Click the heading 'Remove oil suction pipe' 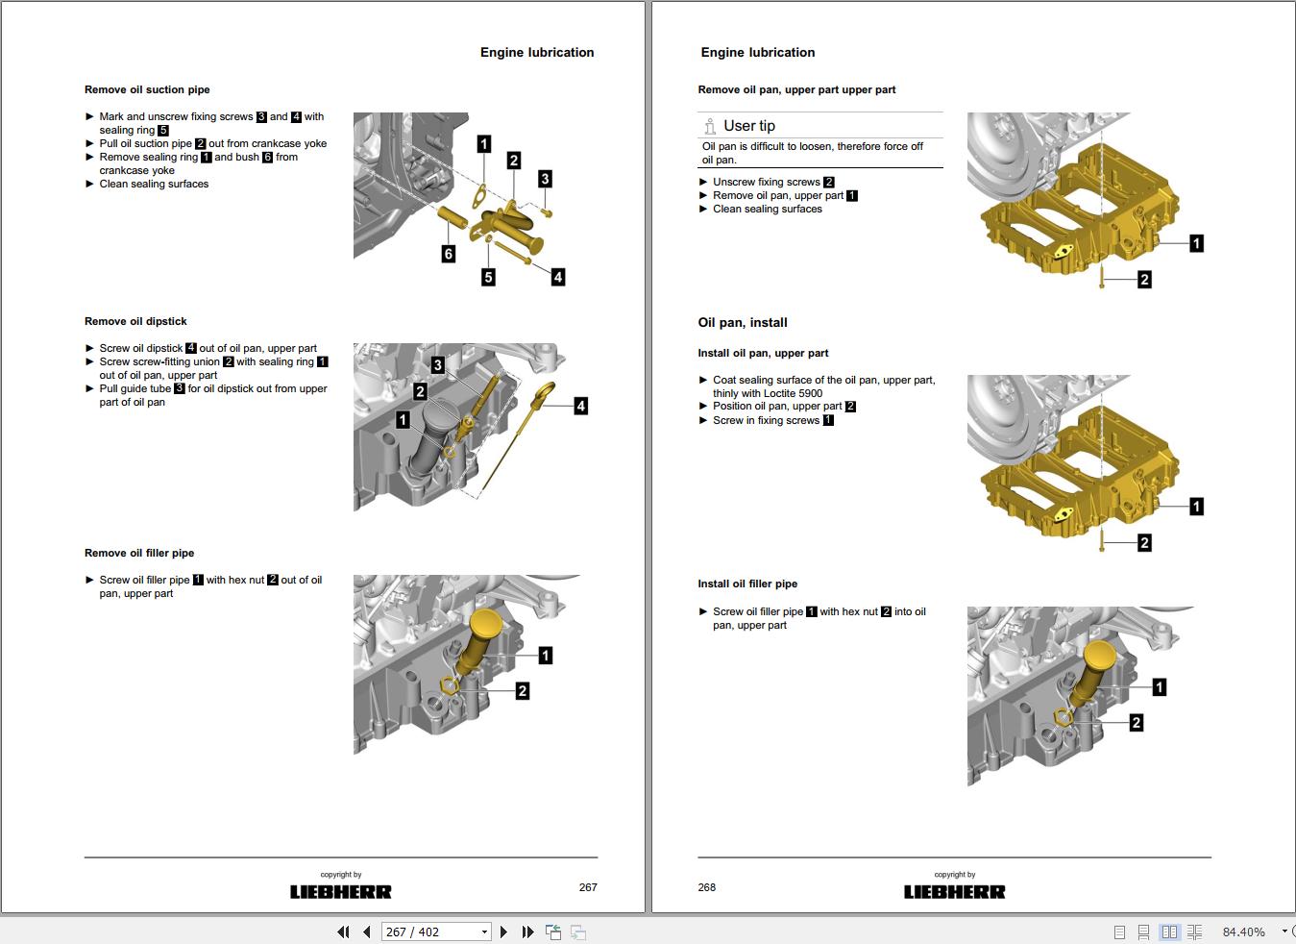(147, 89)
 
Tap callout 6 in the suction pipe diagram (449, 254)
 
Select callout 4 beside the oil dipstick (580, 406)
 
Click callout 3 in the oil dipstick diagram (438, 364)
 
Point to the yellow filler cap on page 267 (489, 623)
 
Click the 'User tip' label (748, 126)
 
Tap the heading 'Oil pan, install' (743, 323)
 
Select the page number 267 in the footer (588, 887)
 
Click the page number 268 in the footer (707, 887)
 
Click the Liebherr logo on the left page (341, 892)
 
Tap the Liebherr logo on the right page (954, 892)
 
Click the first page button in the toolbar (343, 932)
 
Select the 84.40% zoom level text (1243, 932)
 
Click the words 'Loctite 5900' (793, 393)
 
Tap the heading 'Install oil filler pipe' (747, 584)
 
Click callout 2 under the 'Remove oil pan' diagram (1144, 280)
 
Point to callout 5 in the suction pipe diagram (488, 277)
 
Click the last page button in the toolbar (527, 932)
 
